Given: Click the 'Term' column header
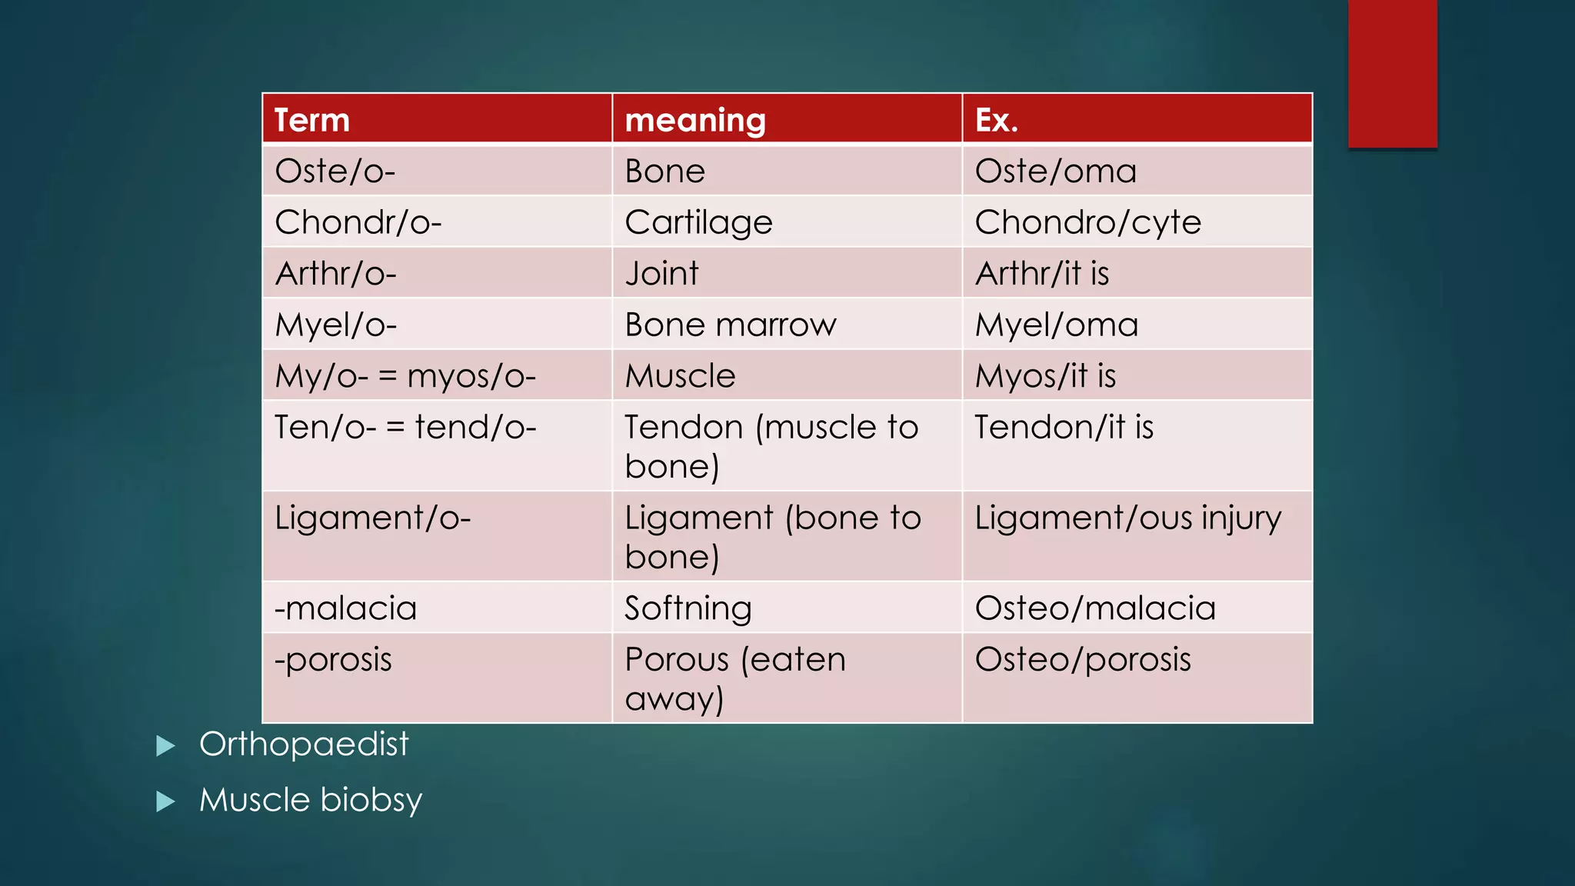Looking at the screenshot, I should pos(312,120).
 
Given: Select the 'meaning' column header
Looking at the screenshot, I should pos(695,120).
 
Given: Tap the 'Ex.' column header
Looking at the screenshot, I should pos(997,120).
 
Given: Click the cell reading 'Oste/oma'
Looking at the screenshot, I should pos(1055,171).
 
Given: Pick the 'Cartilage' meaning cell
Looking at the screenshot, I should pos(698,222).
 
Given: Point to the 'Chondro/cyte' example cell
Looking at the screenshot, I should pos(1087,222).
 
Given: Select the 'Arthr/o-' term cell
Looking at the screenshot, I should pos(335,273).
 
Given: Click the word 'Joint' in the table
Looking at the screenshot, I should pos(661,273).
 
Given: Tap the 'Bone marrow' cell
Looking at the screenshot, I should pos(730,325).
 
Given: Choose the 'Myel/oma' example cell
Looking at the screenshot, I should pos(1056,325).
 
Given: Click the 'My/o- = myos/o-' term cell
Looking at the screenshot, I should pos(405,376).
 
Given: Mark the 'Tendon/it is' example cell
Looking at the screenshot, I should pos(1064,428).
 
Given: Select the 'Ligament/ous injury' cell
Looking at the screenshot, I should pos(1127,518).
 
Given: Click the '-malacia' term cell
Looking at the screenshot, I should pos(346,608).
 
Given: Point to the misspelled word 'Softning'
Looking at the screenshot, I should pos(688,608).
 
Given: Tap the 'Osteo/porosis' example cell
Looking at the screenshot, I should pos(1083,660).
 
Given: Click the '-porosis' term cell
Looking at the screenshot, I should pos(334,660).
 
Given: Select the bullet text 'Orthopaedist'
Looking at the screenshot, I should pos(304,744).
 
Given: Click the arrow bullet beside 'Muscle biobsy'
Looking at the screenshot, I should pos(165,801).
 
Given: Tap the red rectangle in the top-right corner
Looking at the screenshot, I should pos(1392,74).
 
